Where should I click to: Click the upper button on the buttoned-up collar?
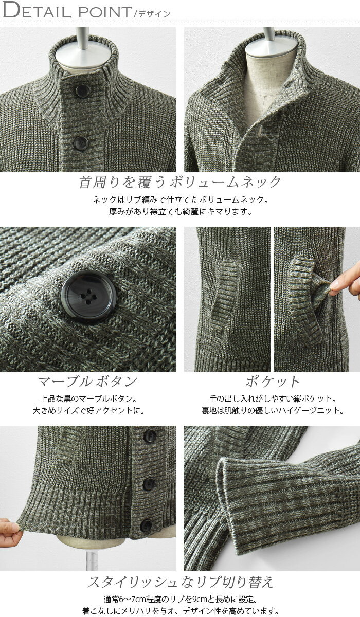pos(82,92)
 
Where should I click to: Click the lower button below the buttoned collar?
pos(81,143)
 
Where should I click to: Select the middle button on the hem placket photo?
pos(149,484)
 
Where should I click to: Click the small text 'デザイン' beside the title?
pos(154,14)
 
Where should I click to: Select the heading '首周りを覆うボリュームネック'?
pos(180,182)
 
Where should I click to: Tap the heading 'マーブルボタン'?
pos(87,382)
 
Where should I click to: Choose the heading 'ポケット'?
pos(272,382)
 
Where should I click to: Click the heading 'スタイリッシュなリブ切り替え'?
pos(180,582)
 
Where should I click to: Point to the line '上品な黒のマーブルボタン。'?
pos(88,398)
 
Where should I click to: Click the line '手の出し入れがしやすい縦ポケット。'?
pos(273,398)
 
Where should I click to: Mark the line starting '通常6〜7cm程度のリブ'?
pos(181,599)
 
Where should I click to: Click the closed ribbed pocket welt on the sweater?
pos(225,296)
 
